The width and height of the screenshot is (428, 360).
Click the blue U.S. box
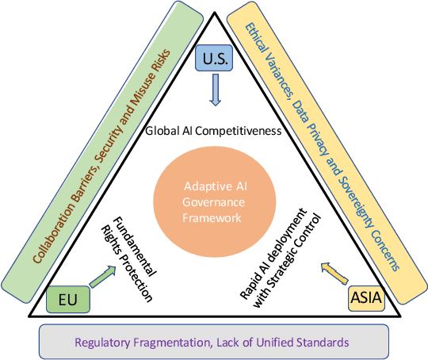point(214,59)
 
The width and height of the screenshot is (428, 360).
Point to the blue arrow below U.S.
point(215,92)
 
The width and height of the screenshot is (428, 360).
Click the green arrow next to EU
point(101,277)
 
